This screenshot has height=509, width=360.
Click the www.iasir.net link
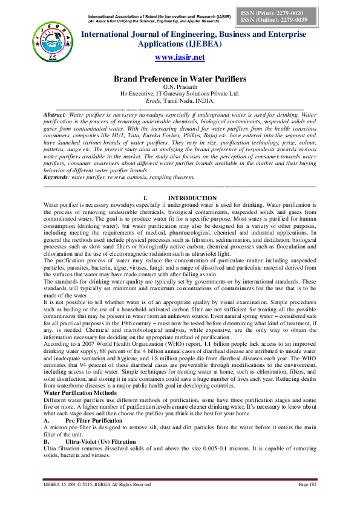[180, 57]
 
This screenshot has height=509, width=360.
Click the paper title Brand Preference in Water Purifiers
[180, 79]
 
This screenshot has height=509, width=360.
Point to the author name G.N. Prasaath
[180, 87]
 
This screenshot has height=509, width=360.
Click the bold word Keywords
[56, 177]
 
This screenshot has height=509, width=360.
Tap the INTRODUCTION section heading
[192, 198]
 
